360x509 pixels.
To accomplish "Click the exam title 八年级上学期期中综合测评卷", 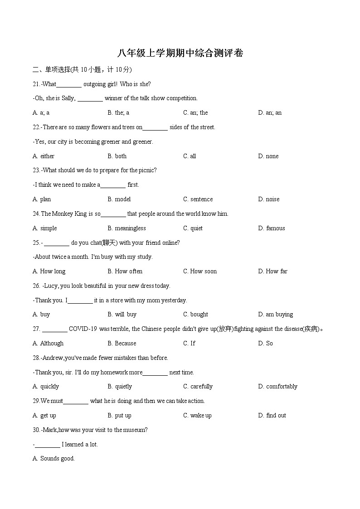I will coord(180,53).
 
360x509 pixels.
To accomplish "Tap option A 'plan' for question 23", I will coord(42,199).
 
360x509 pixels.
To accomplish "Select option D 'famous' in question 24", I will coord(272,228).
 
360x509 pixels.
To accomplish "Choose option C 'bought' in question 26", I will coord(195,314).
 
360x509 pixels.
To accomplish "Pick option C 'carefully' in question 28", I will coord(198,386).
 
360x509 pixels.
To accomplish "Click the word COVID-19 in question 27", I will coord(83,329).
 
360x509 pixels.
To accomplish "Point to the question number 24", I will coord(36,213).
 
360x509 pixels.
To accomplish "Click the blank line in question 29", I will coord(76,402).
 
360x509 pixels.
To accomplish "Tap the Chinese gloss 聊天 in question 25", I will coord(110,242).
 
